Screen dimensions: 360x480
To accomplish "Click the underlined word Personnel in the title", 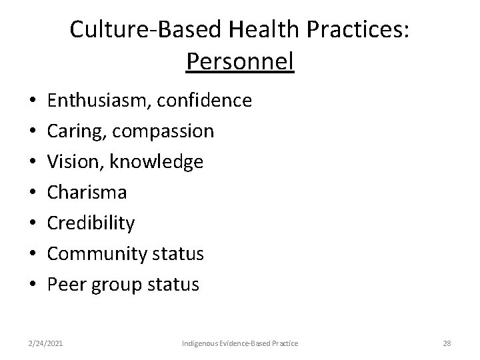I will coord(240,61).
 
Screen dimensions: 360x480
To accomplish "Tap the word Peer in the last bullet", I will coord(64,285).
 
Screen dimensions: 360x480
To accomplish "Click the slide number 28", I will coord(447,343).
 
